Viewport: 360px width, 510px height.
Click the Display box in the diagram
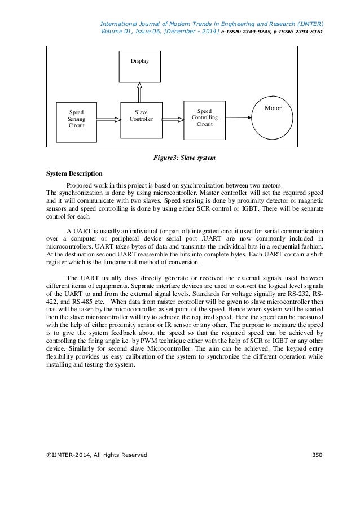pos(138,66)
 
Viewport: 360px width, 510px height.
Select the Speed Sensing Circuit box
pos(76,120)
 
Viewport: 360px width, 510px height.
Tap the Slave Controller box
pos(141,119)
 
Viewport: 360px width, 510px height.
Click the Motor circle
pos(273,119)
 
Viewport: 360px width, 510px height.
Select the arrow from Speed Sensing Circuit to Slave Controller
pos(108,119)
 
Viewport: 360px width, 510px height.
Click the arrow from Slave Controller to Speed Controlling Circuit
pos(173,119)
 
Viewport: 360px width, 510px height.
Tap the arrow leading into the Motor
pos(238,118)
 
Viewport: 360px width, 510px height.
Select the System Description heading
pos(74,174)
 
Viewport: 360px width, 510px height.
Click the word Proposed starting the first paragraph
pos(80,185)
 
